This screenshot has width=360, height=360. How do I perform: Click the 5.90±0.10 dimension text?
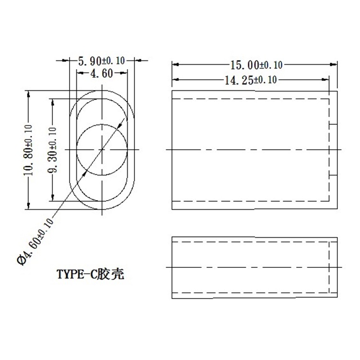click(x=101, y=60)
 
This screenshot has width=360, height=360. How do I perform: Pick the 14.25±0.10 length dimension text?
click(x=251, y=80)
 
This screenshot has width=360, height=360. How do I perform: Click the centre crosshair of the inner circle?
click(x=102, y=150)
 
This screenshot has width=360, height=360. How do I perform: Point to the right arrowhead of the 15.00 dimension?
click(x=333, y=64)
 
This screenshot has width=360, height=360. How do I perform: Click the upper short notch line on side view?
click(x=332, y=125)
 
